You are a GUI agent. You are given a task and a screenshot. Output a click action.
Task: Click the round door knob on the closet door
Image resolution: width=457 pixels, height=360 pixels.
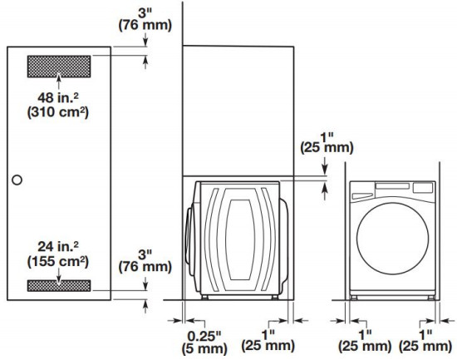pos(17,179)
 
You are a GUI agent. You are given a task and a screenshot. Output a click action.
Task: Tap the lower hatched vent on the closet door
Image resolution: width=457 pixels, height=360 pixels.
pos(59,285)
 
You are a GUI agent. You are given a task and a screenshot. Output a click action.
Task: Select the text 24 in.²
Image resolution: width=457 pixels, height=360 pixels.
pos(58,244)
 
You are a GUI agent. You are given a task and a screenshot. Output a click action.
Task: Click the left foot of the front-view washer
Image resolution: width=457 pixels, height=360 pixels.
pos(358,295)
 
